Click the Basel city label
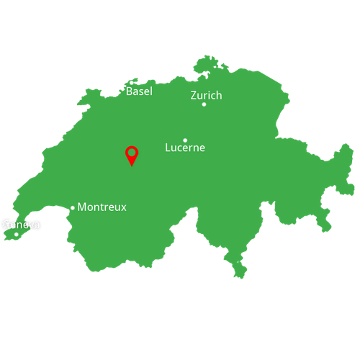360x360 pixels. (x=139, y=91)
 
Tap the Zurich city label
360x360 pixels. (x=206, y=95)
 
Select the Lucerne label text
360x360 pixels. (x=185, y=148)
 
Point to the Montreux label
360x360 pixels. (x=102, y=207)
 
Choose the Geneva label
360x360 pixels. (x=22, y=225)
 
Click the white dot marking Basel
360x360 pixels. (x=131, y=82)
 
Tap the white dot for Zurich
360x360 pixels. (x=204, y=104)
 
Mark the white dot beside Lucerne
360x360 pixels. (x=185, y=140)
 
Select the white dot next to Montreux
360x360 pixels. (x=73, y=208)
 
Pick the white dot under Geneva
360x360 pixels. (x=17, y=234)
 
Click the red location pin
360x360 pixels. (x=132, y=155)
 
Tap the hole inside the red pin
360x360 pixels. (x=132, y=153)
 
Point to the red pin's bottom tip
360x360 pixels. (x=132, y=166)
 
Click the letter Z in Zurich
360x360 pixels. (x=194, y=95)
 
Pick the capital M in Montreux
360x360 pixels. (x=82, y=207)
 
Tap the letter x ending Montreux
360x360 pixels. (x=122, y=207)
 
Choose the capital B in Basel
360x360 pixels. (x=130, y=91)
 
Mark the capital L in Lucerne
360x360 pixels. (x=168, y=148)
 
